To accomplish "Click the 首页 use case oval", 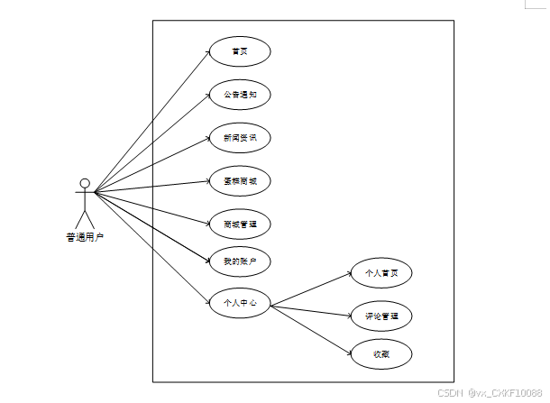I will coord(240,52).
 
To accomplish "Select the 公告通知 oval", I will coord(240,94).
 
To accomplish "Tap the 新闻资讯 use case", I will coord(240,138).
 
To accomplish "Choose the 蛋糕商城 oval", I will coord(240,180).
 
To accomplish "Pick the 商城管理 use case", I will coord(240,223).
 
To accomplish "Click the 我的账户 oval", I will coord(240,261).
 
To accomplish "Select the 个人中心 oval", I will coord(240,303).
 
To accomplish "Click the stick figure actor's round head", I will coord(85,184).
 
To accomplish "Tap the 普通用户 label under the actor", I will coord(85,238).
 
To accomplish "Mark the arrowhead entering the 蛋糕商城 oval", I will coord(207,183).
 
